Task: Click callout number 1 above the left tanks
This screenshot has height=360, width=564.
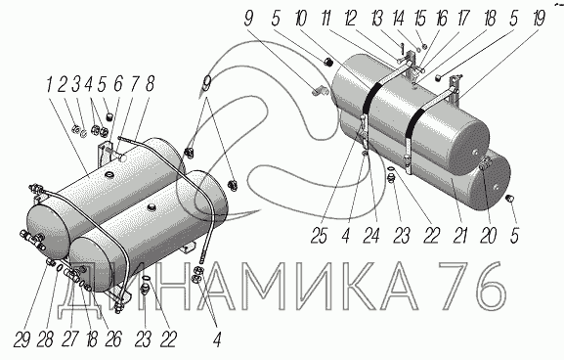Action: click(49, 85)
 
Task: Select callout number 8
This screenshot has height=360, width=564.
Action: click(149, 84)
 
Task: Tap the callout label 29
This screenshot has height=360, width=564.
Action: click(22, 338)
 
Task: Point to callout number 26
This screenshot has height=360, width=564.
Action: click(113, 338)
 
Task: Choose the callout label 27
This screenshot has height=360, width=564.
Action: click(70, 338)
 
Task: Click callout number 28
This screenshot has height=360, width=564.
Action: click(46, 338)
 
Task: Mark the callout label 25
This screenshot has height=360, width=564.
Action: click(320, 236)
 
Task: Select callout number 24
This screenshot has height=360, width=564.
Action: click(370, 236)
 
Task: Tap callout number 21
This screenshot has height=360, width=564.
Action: click(460, 236)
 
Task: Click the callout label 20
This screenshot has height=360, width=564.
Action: click(488, 236)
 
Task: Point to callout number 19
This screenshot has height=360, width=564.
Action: click(539, 18)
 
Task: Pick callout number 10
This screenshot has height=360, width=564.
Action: click(301, 18)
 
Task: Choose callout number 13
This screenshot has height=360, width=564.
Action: click(377, 18)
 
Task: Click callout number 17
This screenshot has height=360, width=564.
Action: click(463, 18)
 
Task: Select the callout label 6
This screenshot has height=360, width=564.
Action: click(118, 84)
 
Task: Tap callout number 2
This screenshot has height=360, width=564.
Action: click(63, 84)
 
